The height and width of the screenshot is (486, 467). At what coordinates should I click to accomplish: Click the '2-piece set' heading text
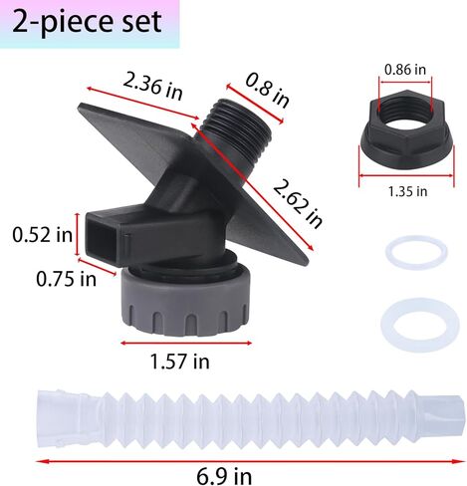coord(87,22)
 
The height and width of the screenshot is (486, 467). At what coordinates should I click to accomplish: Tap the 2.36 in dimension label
coord(152,87)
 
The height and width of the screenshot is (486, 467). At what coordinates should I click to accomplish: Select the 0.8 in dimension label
coord(267,90)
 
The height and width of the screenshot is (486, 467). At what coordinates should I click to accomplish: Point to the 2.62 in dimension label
coord(298,203)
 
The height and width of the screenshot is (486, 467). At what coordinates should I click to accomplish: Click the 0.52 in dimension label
coord(43,235)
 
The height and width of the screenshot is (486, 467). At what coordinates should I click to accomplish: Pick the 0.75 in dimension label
coord(66,279)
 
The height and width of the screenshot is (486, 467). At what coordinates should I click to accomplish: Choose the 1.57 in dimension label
coord(179,362)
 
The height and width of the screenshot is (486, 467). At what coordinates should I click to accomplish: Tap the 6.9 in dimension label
coord(224,476)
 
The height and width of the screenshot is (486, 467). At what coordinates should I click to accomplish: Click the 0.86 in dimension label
coord(405,70)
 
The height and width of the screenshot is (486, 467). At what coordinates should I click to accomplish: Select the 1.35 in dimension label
coord(407,191)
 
